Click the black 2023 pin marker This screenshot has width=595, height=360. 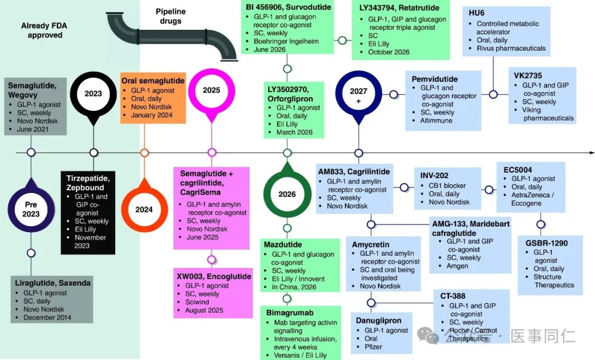93,93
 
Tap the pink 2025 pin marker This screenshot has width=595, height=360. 212,90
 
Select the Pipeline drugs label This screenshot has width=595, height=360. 170,16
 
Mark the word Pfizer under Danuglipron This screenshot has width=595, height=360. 373,347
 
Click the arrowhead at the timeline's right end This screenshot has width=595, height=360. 592,152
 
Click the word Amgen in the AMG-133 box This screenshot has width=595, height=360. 457,266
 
